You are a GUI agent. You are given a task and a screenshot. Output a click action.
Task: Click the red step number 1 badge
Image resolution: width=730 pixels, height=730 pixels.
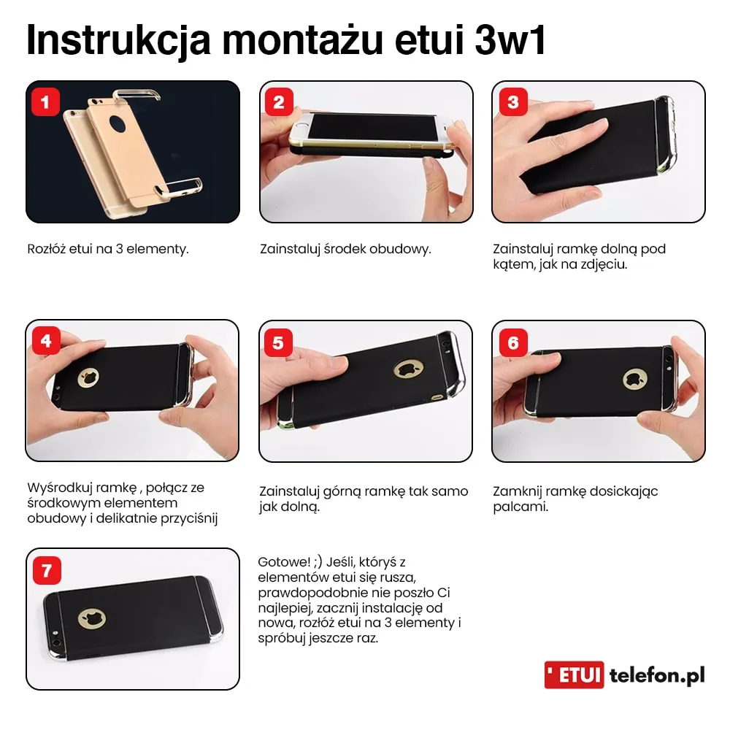pos(46,102)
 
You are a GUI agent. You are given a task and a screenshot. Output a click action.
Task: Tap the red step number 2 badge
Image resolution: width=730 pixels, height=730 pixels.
pos(279,102)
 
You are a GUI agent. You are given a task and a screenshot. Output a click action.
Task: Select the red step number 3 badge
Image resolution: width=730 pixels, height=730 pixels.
pos(512,102)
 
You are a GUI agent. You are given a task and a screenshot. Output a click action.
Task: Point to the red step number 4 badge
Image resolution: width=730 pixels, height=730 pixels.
pos(46,341)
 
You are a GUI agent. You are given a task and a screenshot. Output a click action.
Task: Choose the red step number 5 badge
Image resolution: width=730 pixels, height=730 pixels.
pos(279,341)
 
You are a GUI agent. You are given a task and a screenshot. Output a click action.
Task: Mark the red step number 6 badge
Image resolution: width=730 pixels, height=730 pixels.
pos(512,341)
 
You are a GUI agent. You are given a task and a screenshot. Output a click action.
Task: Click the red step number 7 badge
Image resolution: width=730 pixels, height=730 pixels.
pos(46,569)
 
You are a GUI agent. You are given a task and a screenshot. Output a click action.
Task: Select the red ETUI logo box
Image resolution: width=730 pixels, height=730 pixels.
pos(575,675)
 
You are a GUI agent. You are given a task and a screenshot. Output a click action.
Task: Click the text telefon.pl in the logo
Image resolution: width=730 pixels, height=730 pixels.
pos(657,676)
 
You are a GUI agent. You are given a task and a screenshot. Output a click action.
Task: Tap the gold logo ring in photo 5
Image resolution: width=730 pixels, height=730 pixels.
pos(407,369)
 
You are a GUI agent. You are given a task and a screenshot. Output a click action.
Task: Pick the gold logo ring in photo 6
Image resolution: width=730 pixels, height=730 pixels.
pos(634,379)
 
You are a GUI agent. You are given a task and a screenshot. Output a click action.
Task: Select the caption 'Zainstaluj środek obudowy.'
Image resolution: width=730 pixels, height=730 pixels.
pos(345,249)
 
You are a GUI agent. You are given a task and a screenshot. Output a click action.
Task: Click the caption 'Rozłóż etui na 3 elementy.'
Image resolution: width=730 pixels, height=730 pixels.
pos(108,249)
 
